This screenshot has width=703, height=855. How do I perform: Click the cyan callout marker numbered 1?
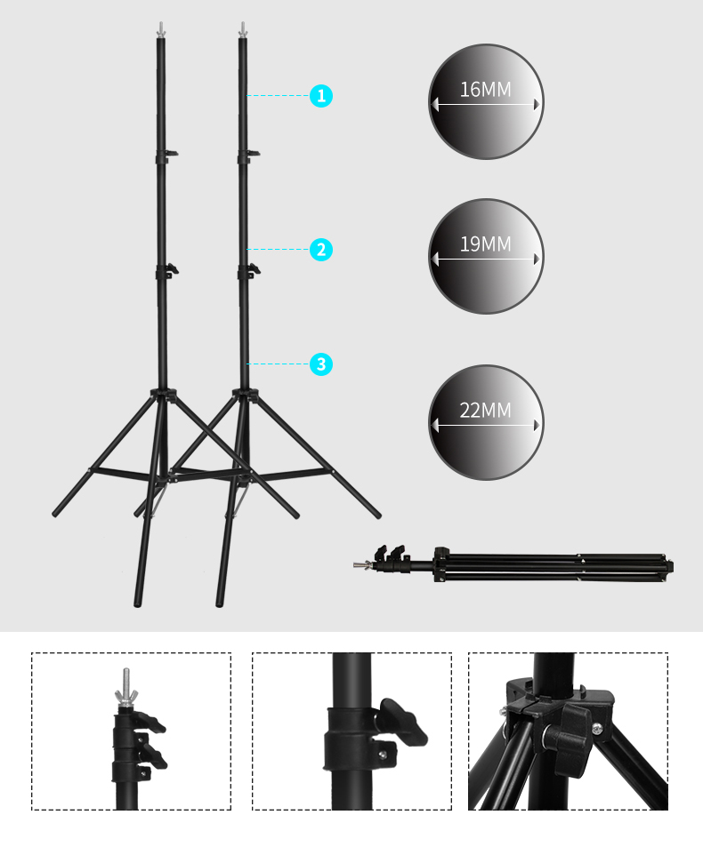click(x=321, y=96)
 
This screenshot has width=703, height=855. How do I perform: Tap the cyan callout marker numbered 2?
click(x=321, y=250)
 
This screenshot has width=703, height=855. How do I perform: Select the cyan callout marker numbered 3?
click(x=321, y=364)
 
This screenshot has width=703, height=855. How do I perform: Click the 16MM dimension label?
click(x=485, y=90)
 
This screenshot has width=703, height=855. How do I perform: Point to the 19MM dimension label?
click(x=485, y=244)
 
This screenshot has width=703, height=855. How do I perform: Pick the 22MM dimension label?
click(x=485, y=410)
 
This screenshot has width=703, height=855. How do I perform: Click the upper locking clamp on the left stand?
click(x=166, y=156)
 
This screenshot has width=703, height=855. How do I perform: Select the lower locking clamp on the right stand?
click(x=249, y=271)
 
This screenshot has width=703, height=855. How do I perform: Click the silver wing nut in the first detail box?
click(x=126, y=695)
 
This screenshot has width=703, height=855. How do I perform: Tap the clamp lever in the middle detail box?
click(x=403, y=721)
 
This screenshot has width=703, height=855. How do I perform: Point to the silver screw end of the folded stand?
click(x=362, y=565)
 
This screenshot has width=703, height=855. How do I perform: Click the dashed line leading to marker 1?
click(x=278, y=95)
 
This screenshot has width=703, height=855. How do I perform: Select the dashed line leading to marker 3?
click(x=278, y=364)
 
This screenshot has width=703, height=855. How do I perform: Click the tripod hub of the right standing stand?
click(x=245, y=395)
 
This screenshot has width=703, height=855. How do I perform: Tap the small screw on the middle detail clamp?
click(x=384, y=755)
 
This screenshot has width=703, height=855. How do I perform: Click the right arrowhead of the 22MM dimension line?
click(x=537, y=425)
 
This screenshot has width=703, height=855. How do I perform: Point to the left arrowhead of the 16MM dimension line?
click(x=434, y=104)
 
